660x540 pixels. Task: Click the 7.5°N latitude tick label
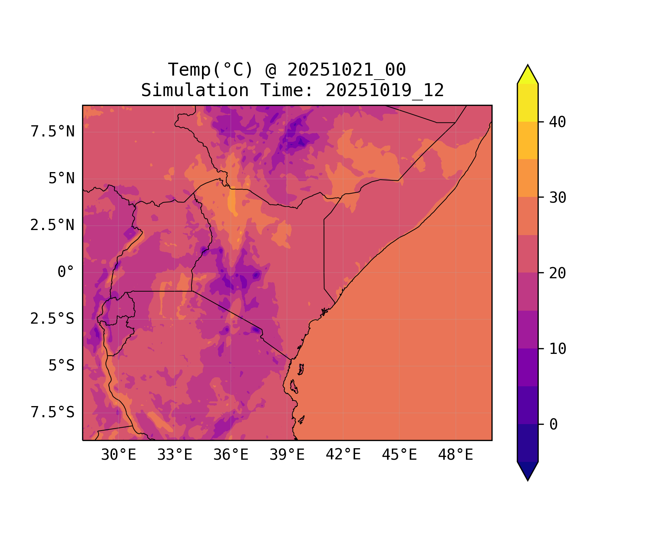53,132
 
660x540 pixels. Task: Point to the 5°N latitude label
62,179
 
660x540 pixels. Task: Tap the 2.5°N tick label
53,225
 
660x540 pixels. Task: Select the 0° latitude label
66,272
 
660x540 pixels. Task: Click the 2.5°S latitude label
53,319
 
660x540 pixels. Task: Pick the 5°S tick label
62,366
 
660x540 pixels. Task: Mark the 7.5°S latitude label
53,413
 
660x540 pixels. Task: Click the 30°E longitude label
118,455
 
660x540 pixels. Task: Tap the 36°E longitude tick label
231,455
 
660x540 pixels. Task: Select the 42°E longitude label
343,455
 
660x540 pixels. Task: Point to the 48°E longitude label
455,455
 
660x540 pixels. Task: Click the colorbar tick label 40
557,122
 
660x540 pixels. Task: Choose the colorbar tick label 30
557,198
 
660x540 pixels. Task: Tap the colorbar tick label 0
553,425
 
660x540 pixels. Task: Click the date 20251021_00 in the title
346,70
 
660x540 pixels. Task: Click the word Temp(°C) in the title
211,70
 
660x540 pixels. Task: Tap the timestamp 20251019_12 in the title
385,90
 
